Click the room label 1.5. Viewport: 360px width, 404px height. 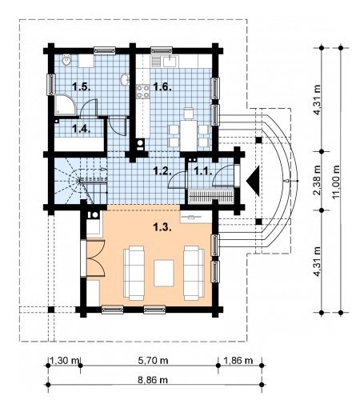point(82,87)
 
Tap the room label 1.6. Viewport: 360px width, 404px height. point(162,87)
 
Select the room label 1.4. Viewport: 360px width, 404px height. point(82,129)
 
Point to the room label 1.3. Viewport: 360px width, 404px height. point(162,227)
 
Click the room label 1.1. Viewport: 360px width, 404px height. point(203,171)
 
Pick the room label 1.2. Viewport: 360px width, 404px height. point(162,171)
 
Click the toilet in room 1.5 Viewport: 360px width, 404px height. point(66,60)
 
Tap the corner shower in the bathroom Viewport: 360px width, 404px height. point(66,105)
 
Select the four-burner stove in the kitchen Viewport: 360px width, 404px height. point(143,91)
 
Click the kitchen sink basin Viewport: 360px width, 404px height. point(169,62)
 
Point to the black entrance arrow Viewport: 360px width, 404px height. point(253,181)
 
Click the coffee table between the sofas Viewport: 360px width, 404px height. point(164,273)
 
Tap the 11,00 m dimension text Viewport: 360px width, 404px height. point(336,182)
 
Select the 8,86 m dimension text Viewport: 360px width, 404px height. point(153,380)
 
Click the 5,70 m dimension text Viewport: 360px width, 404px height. point(153,361)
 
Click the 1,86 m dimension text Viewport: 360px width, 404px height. point(238,361)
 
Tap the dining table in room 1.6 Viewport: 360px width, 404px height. point(189,135)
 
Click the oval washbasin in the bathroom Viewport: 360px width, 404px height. point(125,79)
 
